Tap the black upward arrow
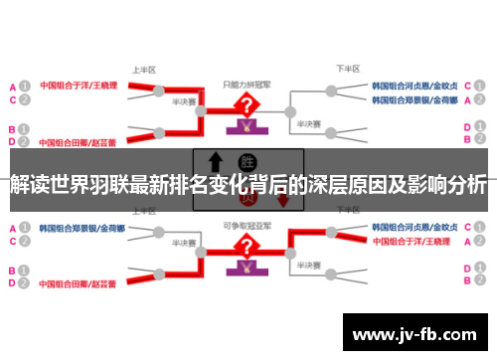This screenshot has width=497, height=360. tap(214, 163)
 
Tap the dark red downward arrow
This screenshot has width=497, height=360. tap(282, 200)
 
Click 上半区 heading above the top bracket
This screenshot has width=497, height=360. tap(145, 71)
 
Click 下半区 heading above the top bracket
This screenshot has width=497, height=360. tap(347, 71)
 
